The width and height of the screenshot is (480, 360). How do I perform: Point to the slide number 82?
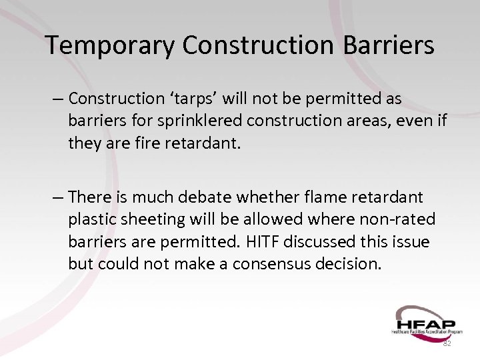coord(447,343)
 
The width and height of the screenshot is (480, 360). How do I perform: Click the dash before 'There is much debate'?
coord(59,197)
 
